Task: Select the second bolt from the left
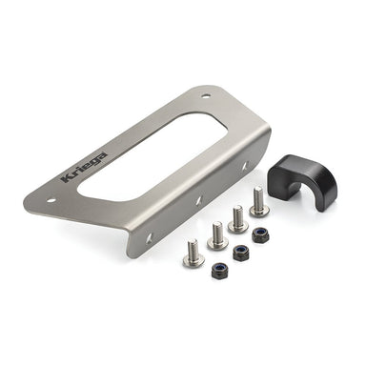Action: [x=216, y=233]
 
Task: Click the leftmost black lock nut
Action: [x=218, y=270]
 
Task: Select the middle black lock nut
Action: [x=240, y=253]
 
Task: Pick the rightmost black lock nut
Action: [x=260, y=235]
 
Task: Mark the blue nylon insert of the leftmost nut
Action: [x=218, y=269]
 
